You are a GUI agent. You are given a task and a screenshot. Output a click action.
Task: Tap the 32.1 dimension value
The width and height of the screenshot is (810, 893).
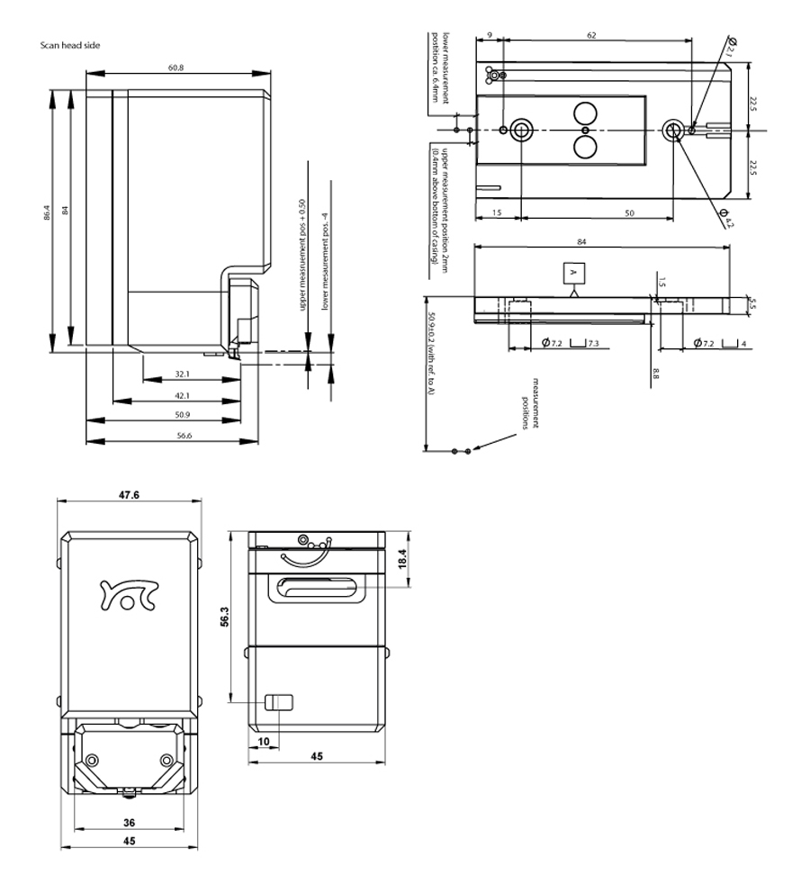pos(182,373)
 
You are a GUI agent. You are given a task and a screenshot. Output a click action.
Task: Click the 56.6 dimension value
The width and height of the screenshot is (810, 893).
pos(183,436)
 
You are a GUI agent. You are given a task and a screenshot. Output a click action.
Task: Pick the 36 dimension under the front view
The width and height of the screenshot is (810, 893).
pos(129,823)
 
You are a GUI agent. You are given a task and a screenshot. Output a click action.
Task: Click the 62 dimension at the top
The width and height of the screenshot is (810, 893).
pos(591,35)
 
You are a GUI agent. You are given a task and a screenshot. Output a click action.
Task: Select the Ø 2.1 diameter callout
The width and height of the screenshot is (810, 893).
pos(731,48)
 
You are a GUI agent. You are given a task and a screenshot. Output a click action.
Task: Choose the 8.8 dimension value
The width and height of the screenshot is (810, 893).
pos(657,371)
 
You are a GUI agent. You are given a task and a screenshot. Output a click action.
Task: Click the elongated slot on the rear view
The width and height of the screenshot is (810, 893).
pos(315,589)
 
